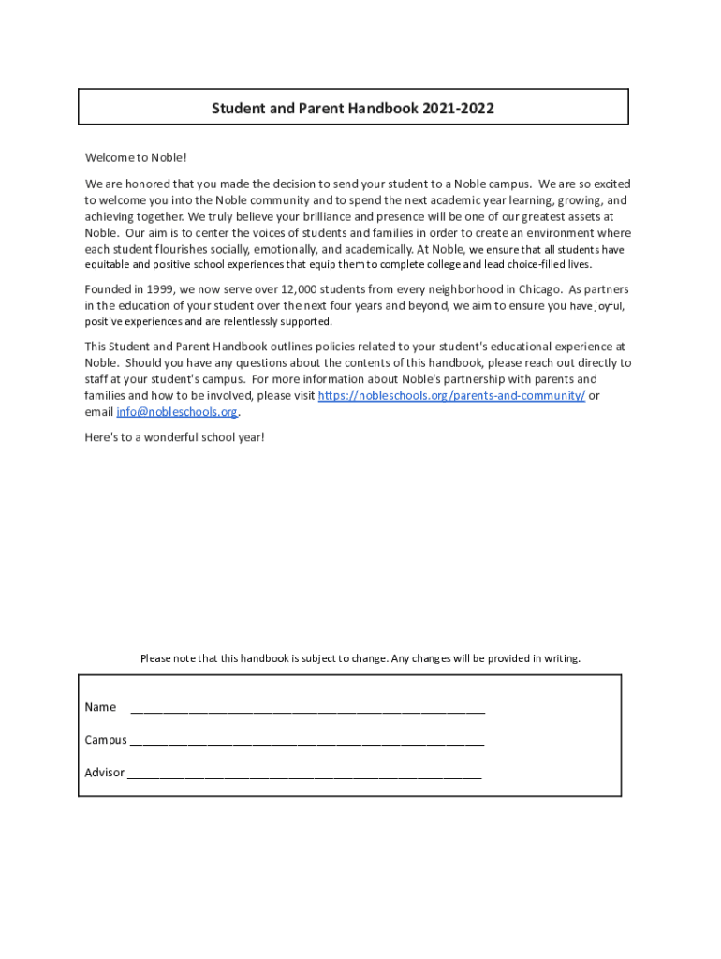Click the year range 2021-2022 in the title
point(458,109)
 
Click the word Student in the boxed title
point(237,109)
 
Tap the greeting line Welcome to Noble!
point(129,156)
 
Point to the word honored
point(131,184)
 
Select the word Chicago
point(536,288)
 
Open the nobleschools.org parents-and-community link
point(451,395)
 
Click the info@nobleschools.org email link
point(176,412)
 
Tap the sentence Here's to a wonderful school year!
point(174,437)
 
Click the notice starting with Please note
point(360,658)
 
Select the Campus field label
point(106,740)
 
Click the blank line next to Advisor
point(303,775)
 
